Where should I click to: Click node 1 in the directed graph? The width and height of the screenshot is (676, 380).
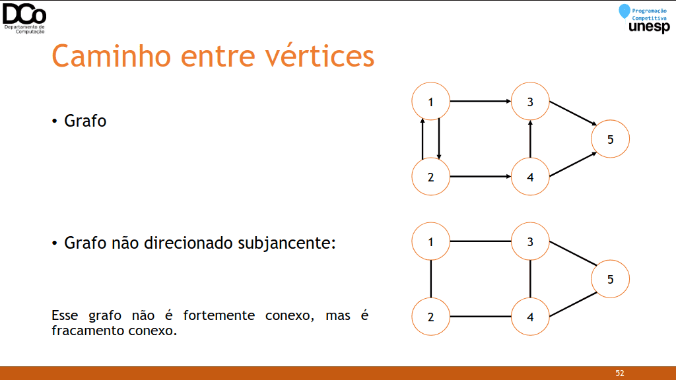(x=430, y=101)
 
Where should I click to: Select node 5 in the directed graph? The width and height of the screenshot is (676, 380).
(x=610, y=139)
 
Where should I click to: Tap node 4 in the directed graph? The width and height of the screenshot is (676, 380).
(x=530, y=177)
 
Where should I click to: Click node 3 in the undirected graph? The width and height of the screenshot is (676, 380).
(x=530, y=241)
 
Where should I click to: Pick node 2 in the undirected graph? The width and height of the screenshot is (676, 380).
(x=430, y=317)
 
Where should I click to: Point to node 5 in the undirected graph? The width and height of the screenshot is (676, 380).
(x=610, y=279)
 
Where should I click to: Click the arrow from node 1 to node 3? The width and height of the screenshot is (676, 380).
(x=481, y=101)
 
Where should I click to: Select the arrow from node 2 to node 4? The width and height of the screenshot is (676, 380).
(x=481, y=176)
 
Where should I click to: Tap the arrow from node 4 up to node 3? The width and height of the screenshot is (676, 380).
(x=530, y=139)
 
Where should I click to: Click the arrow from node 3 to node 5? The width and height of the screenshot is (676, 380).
(x=574, y=113)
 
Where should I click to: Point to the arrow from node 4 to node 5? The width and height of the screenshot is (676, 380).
(x=574, y=164)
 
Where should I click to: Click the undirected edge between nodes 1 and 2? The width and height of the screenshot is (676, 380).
(x=430, y=279)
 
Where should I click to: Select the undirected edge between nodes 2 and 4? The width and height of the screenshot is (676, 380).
(x=481, y=317)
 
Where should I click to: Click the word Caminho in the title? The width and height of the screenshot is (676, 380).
(x=112, y=56)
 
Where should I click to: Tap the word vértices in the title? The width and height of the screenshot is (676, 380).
(x=320, y=56)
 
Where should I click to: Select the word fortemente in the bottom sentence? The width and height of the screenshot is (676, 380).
(x=219, y=315)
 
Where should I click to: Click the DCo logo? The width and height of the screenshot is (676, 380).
(x=24, y=18)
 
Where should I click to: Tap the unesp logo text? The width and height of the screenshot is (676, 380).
(x=650, y=27)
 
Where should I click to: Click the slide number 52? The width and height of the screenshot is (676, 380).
(x=619, y=373)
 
